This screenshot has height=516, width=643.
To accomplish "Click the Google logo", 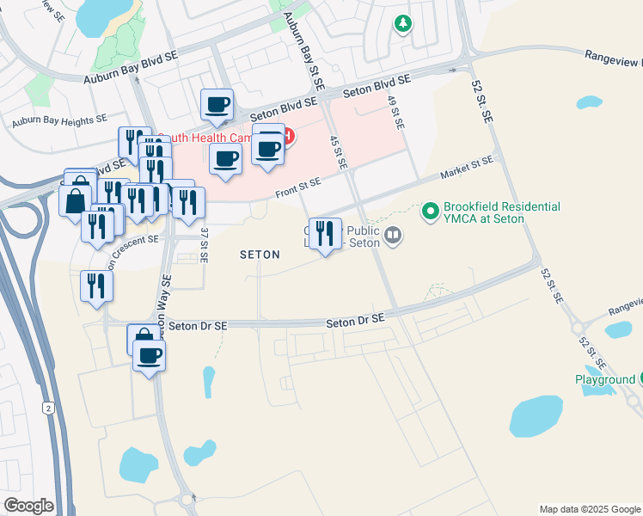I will tap(28, 506).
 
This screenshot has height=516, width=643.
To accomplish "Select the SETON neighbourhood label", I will tap(260, 255).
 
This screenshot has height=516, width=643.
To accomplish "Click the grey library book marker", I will tap(393, 234).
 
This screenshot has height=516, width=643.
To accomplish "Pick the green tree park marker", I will tap(402, 24).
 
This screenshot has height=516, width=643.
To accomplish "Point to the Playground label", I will tap(604, 379).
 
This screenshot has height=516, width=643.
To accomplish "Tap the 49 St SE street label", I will tap(395, 113).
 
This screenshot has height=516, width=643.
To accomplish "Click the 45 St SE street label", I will tap(340, 151).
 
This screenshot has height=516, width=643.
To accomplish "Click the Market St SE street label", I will tap(467, 169).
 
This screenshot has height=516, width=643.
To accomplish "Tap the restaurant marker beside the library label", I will tap(324, 233).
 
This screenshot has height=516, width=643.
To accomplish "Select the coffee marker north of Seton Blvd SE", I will tap(216, 106).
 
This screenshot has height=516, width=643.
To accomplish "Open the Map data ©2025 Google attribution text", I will tap(589, 509).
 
